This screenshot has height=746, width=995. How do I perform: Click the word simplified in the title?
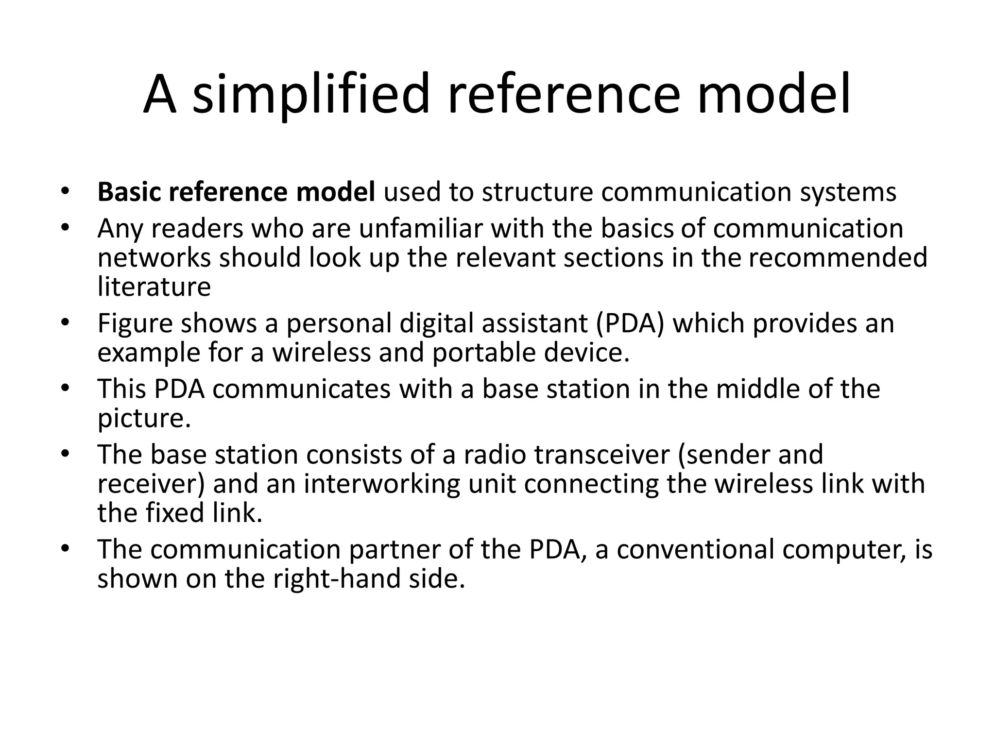coord(311,95)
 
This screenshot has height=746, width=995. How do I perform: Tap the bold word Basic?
coord(128,192)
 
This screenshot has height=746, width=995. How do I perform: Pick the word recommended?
coord(838,257)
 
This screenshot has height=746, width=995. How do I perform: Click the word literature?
coord(154,287)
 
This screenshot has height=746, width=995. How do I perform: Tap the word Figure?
coord(135,323)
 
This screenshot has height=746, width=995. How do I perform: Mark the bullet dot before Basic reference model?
coord(66,192)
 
